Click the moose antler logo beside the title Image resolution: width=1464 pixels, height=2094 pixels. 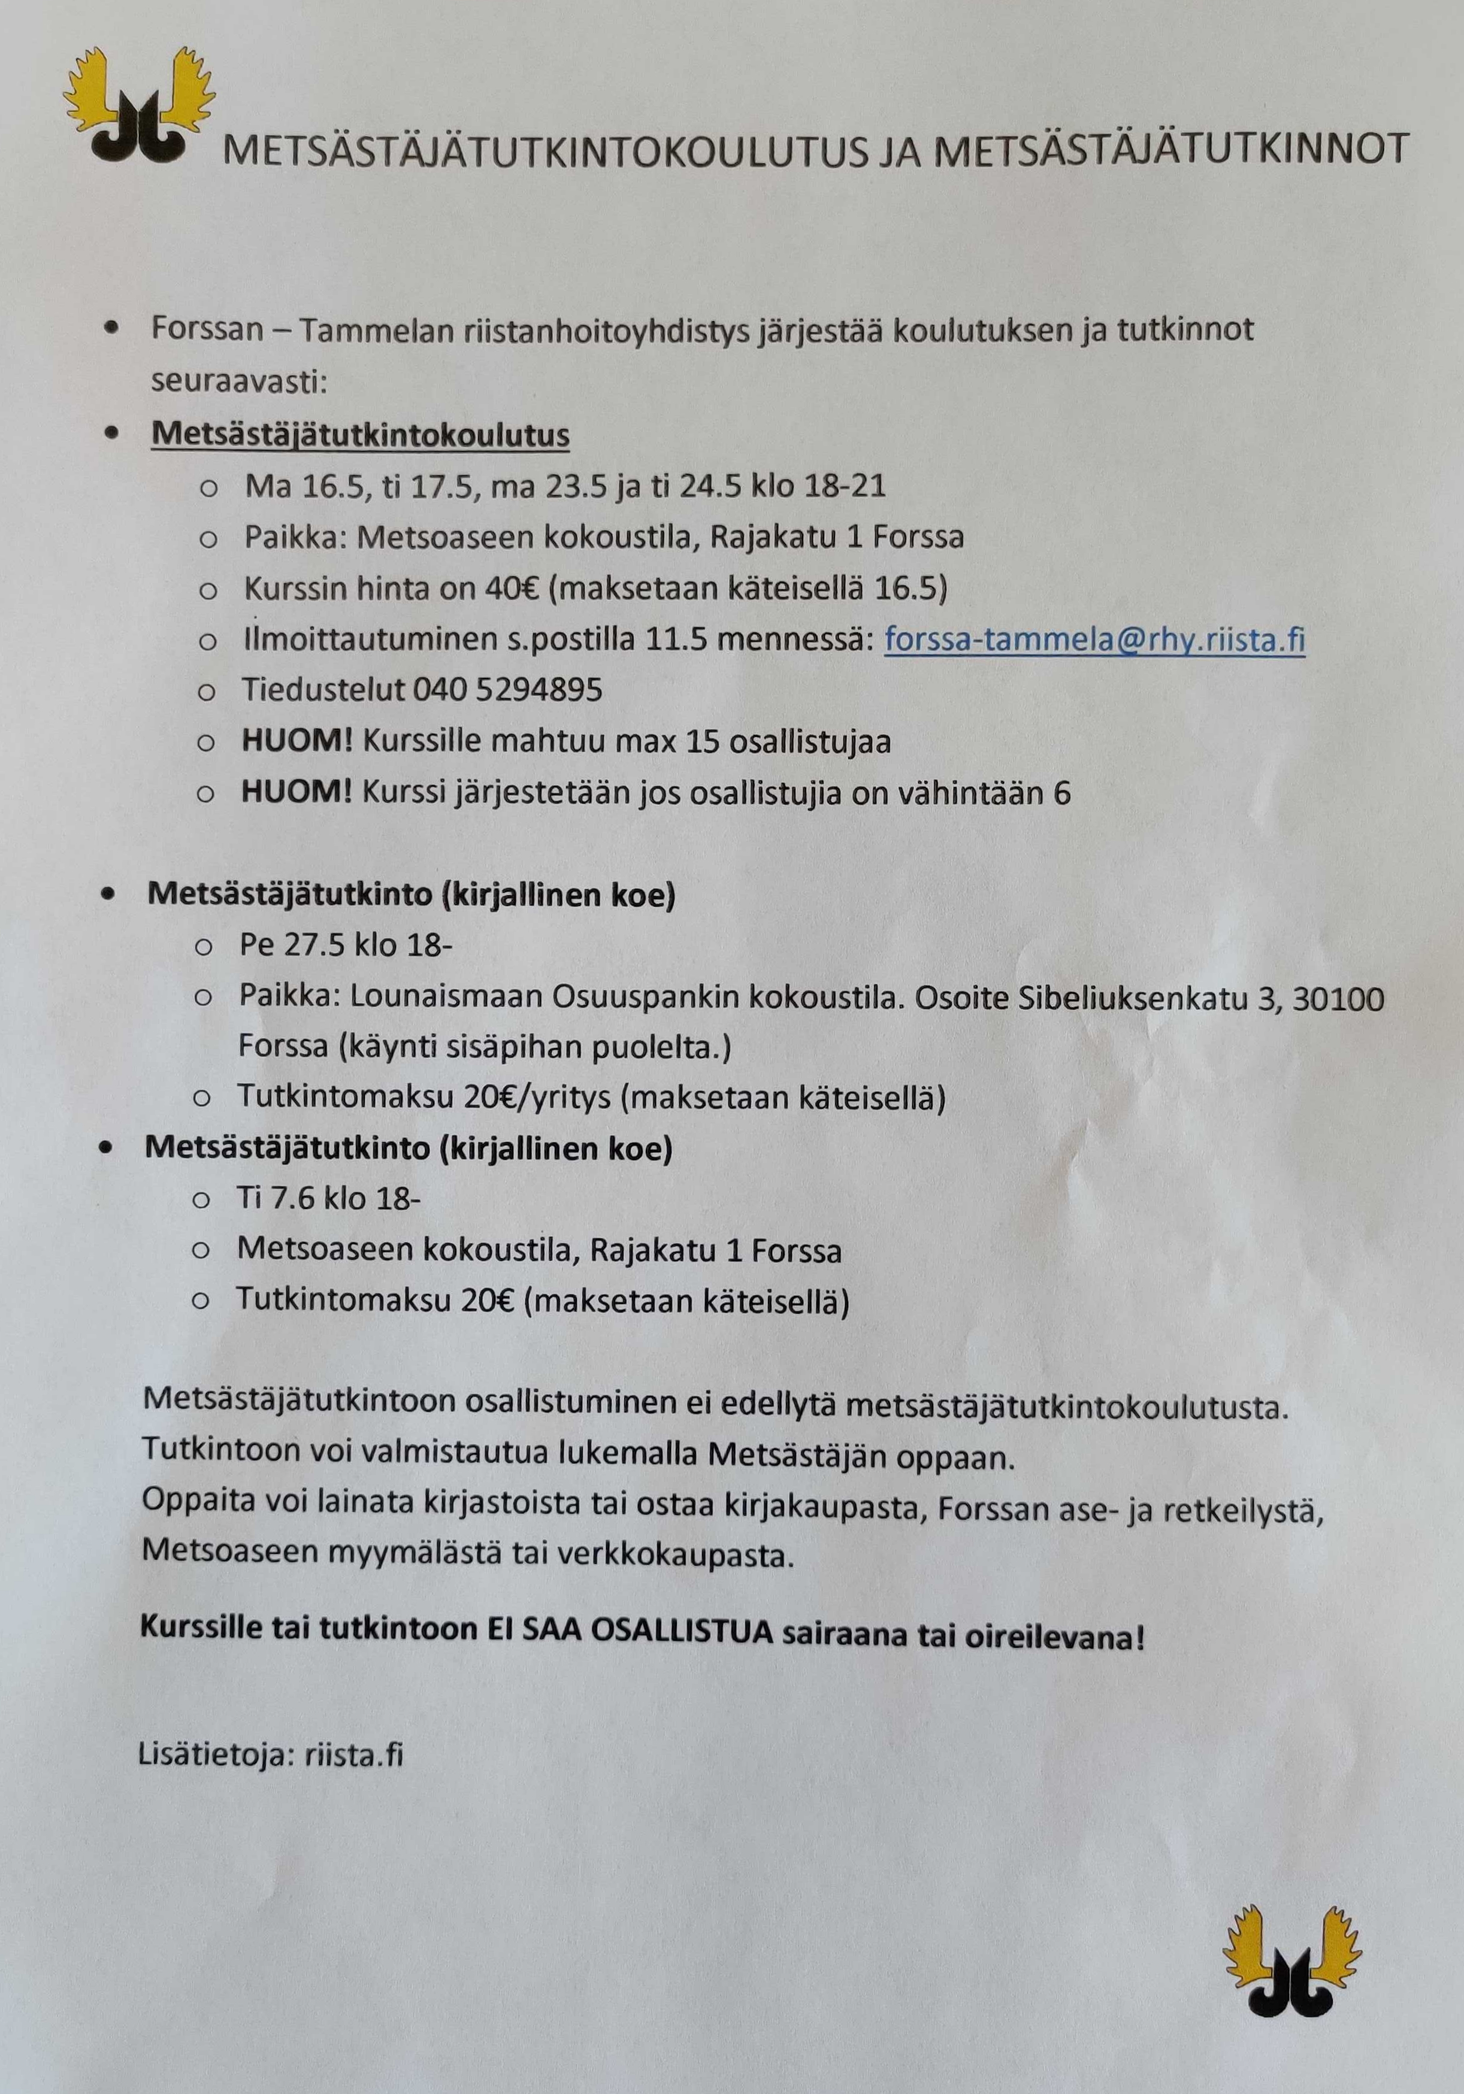pos(138,105)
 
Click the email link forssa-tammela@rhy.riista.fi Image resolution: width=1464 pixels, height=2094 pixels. pos(1094,640)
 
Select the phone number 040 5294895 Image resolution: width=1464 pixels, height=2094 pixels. pos(508,690)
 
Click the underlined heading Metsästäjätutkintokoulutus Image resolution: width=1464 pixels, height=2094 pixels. pos(360,435)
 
